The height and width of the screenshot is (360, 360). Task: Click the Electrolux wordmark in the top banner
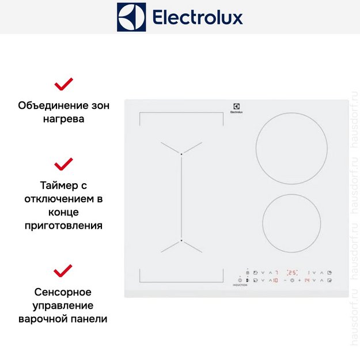pyautogui.click(x=197, y=17)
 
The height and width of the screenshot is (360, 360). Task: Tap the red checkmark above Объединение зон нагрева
pyautogui.click(x=63, y=85)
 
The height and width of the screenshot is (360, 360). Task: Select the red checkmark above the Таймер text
pyautogui.click(x=63, y=164)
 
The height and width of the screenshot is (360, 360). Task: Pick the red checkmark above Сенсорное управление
pyautogui.click(x=63, y=270)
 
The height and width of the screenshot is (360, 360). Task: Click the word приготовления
pyautogui.click(x=63, y=225)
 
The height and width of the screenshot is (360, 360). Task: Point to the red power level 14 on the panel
pyautogui.click(x=308, y=281)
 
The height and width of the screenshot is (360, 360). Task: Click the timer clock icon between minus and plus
pyautogui.click(x=292, y=281)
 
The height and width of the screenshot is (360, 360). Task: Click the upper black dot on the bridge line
pyautogui.click(x=181, y=154)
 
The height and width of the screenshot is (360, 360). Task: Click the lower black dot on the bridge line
pyautogui.click(x=181, y=240)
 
